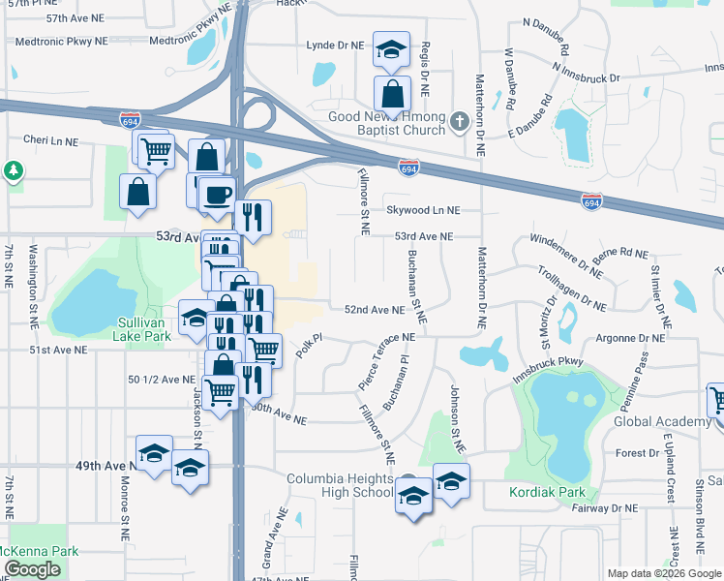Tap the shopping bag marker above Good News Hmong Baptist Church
392,94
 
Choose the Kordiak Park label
548,492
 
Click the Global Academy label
663,421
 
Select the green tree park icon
13,172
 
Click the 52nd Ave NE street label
374,310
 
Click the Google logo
32,569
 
